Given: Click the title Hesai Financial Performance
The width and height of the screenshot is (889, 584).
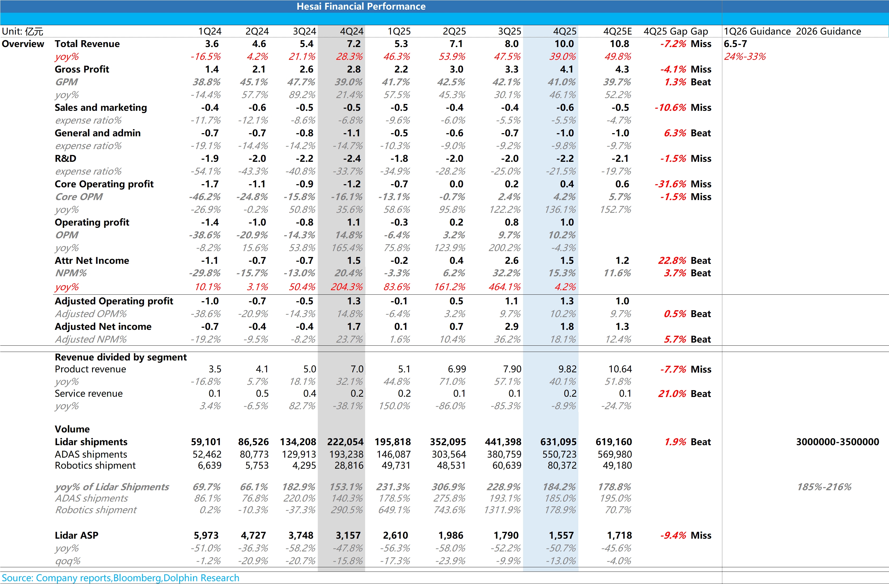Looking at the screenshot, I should tap(361, 6).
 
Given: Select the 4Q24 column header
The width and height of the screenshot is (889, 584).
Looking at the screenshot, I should tap(352, 31).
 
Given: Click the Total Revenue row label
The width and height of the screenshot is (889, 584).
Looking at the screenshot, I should tap(87, 44).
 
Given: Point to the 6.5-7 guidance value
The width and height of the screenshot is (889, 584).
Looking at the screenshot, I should tap(735, 44).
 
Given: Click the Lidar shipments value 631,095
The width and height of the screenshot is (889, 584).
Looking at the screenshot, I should tap(558, 442).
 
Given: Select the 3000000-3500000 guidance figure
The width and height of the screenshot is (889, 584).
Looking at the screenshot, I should tap(837, 442).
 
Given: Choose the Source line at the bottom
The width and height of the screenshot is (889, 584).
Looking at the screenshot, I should tap(120, 578).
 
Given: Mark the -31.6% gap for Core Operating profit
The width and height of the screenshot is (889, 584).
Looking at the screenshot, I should tap(670, 184).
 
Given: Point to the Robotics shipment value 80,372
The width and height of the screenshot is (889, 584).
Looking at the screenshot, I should tap(562, 465).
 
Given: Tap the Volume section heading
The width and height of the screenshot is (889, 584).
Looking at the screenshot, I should tap(72, 429).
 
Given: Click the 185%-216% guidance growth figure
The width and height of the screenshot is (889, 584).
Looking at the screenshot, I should tap(824, 487).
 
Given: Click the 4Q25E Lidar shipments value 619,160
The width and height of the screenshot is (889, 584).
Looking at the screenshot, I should tap(613, 442).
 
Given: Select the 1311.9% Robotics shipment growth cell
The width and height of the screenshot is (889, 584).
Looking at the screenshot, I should tap(502, 510).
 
